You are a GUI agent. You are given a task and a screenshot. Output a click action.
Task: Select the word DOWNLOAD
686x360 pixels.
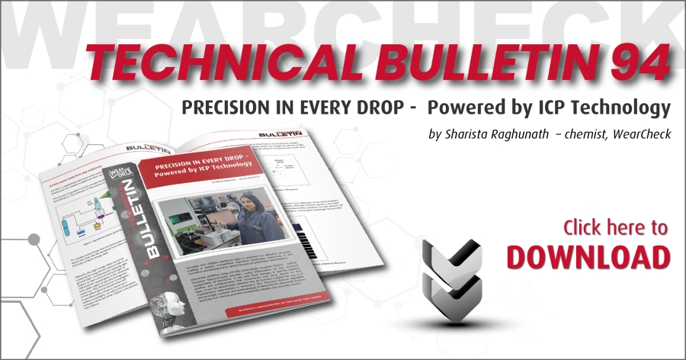(588, 256)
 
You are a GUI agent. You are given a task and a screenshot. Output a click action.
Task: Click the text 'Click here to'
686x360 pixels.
(615, 227)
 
